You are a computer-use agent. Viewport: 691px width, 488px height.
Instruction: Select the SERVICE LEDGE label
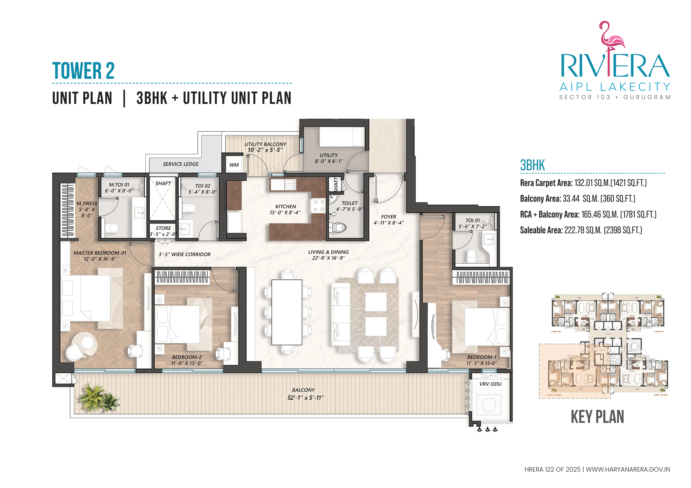181,164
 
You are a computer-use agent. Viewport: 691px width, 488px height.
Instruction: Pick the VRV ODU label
490,384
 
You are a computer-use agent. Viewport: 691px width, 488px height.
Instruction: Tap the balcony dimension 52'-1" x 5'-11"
305,398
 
